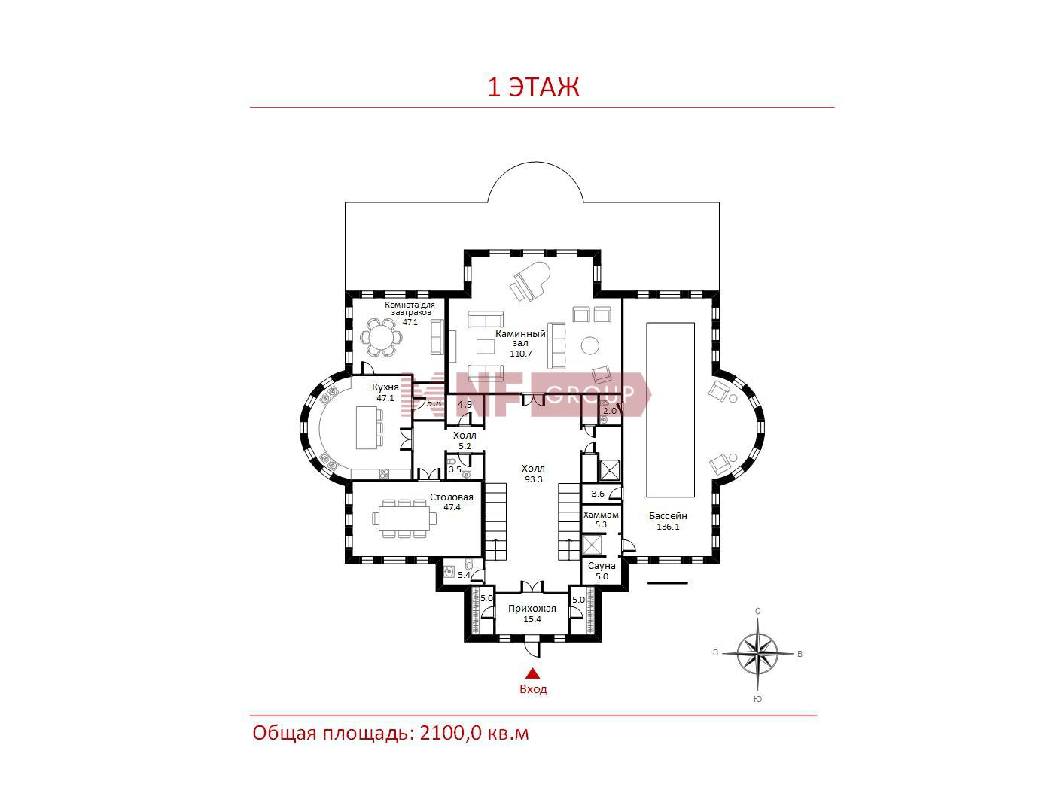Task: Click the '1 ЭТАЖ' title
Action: [x=533, y=87]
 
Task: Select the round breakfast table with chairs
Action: [x=382, y=337]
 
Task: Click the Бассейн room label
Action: [x=668, y=516]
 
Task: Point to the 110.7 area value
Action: [x=520, y=354]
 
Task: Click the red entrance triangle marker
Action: [x=532, y=674]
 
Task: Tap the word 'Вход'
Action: [x=533, y=690]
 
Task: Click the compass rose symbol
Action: [x=757, y=653]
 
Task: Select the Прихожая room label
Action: [x=532, y=609]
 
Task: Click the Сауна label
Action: [x=602, y=566]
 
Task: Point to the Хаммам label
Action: [x=601, y=515]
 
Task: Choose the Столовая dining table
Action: [x=404, y=518]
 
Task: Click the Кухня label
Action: [x=385, y=387]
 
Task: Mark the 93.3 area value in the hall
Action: [x=533, y=479]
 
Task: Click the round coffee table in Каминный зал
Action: [x=590, y=345]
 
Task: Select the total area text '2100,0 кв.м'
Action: [x=474, y=734]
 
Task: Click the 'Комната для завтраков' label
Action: [x=410, y=308]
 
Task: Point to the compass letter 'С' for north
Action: [x=757, y=611]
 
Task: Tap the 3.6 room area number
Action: [x=598, y=494]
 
